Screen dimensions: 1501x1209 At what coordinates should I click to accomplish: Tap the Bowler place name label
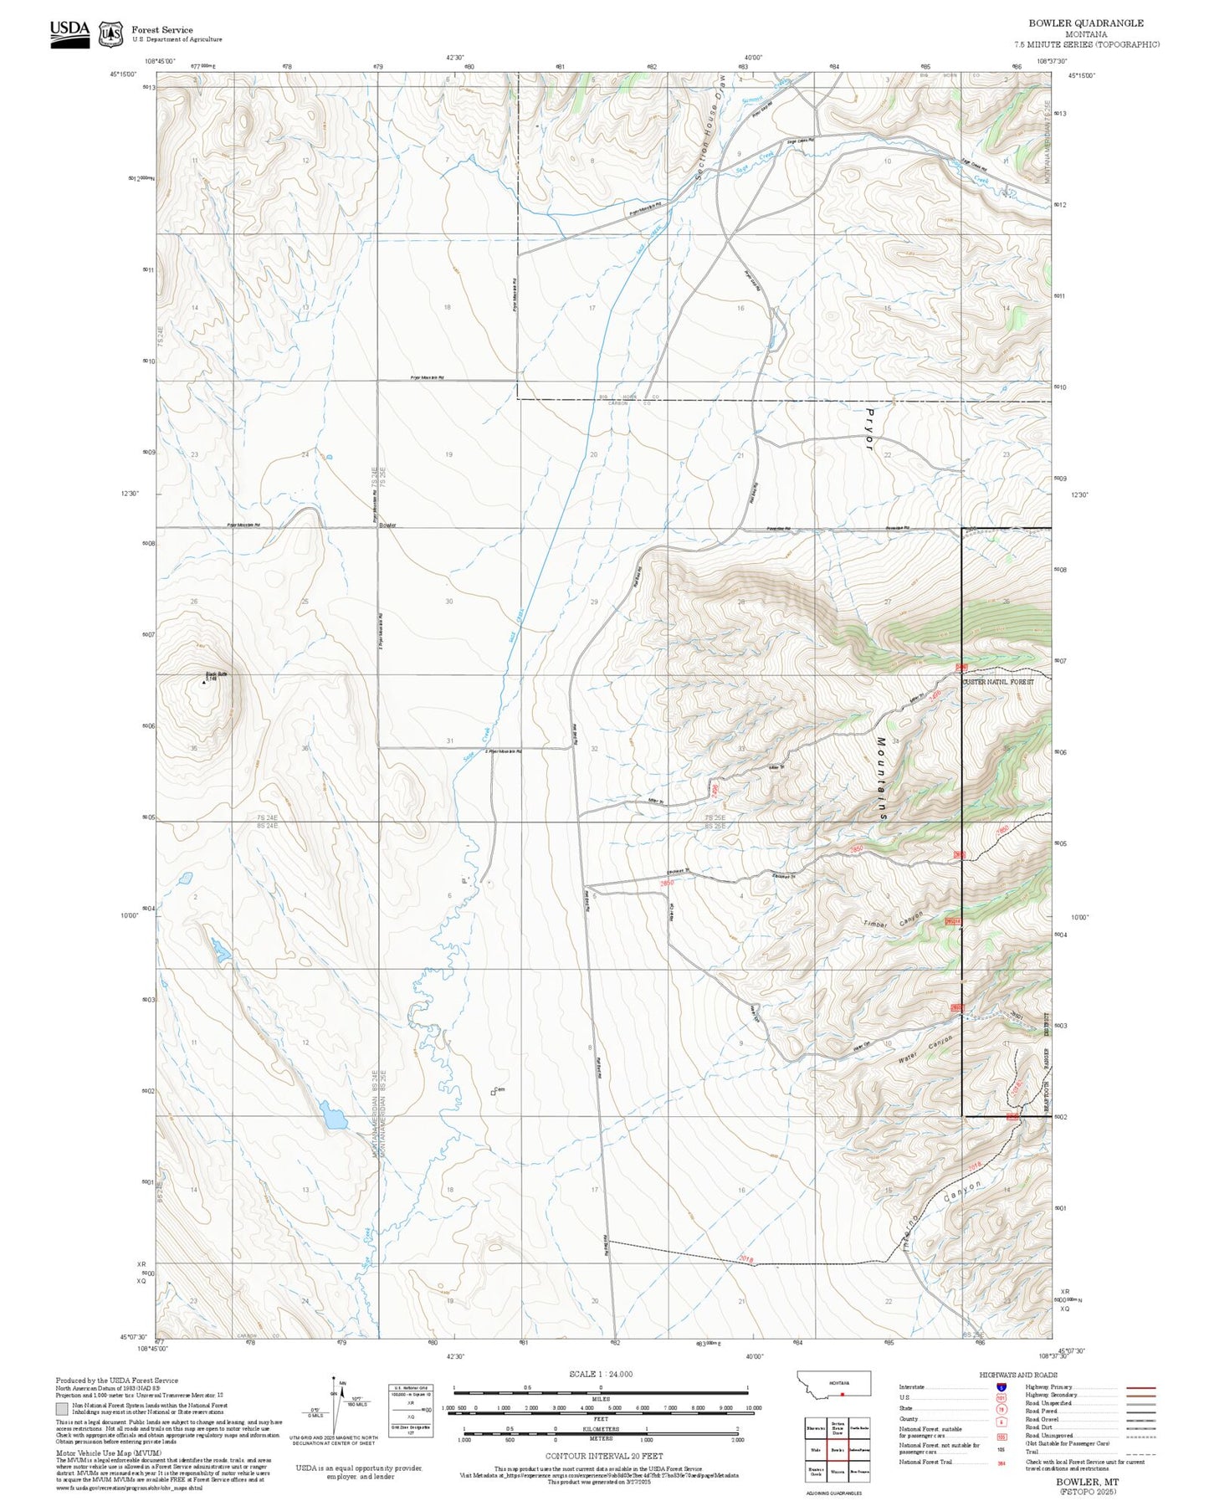click(387, 525)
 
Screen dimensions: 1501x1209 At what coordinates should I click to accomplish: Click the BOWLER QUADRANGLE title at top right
click(1085, 23)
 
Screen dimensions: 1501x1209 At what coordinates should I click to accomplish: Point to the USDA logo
click(69, 30)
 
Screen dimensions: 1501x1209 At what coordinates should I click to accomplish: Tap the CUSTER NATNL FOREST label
click(998, 682)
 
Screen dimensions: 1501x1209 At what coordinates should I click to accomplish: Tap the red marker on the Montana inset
click(842, 1395)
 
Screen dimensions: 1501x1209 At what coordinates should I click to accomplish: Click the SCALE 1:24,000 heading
click(600, 1374)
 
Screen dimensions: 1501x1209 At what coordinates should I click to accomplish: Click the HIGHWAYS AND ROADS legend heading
click(1017, 1375)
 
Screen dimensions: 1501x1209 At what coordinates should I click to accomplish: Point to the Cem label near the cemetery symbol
click(501, 1089)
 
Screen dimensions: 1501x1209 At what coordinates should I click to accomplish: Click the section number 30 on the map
click(449, 602)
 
